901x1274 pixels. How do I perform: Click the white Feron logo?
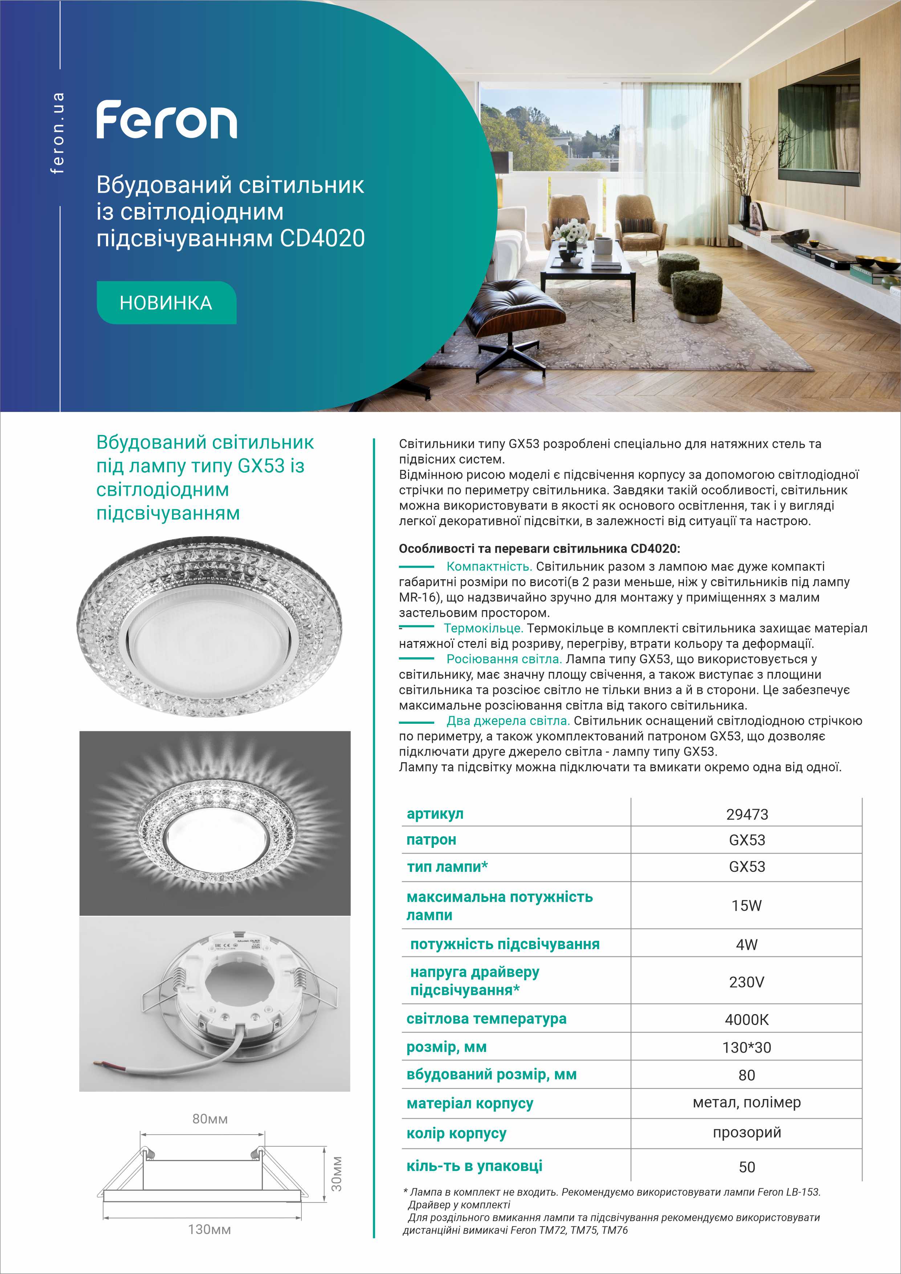tap(166, 120)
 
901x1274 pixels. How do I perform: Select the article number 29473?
tap(747, 814)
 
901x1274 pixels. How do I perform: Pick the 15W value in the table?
tap(747, 906)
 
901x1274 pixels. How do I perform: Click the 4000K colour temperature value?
tap(747, 1020)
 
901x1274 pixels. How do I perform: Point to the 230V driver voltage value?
tap(747, 982)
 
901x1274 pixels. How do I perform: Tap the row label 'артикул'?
tap(435, 814)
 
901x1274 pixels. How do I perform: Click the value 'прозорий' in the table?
tap(747, 1132)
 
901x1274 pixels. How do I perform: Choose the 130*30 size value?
tap(747, 1048)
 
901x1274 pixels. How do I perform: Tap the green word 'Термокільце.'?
tap(483, 628)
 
